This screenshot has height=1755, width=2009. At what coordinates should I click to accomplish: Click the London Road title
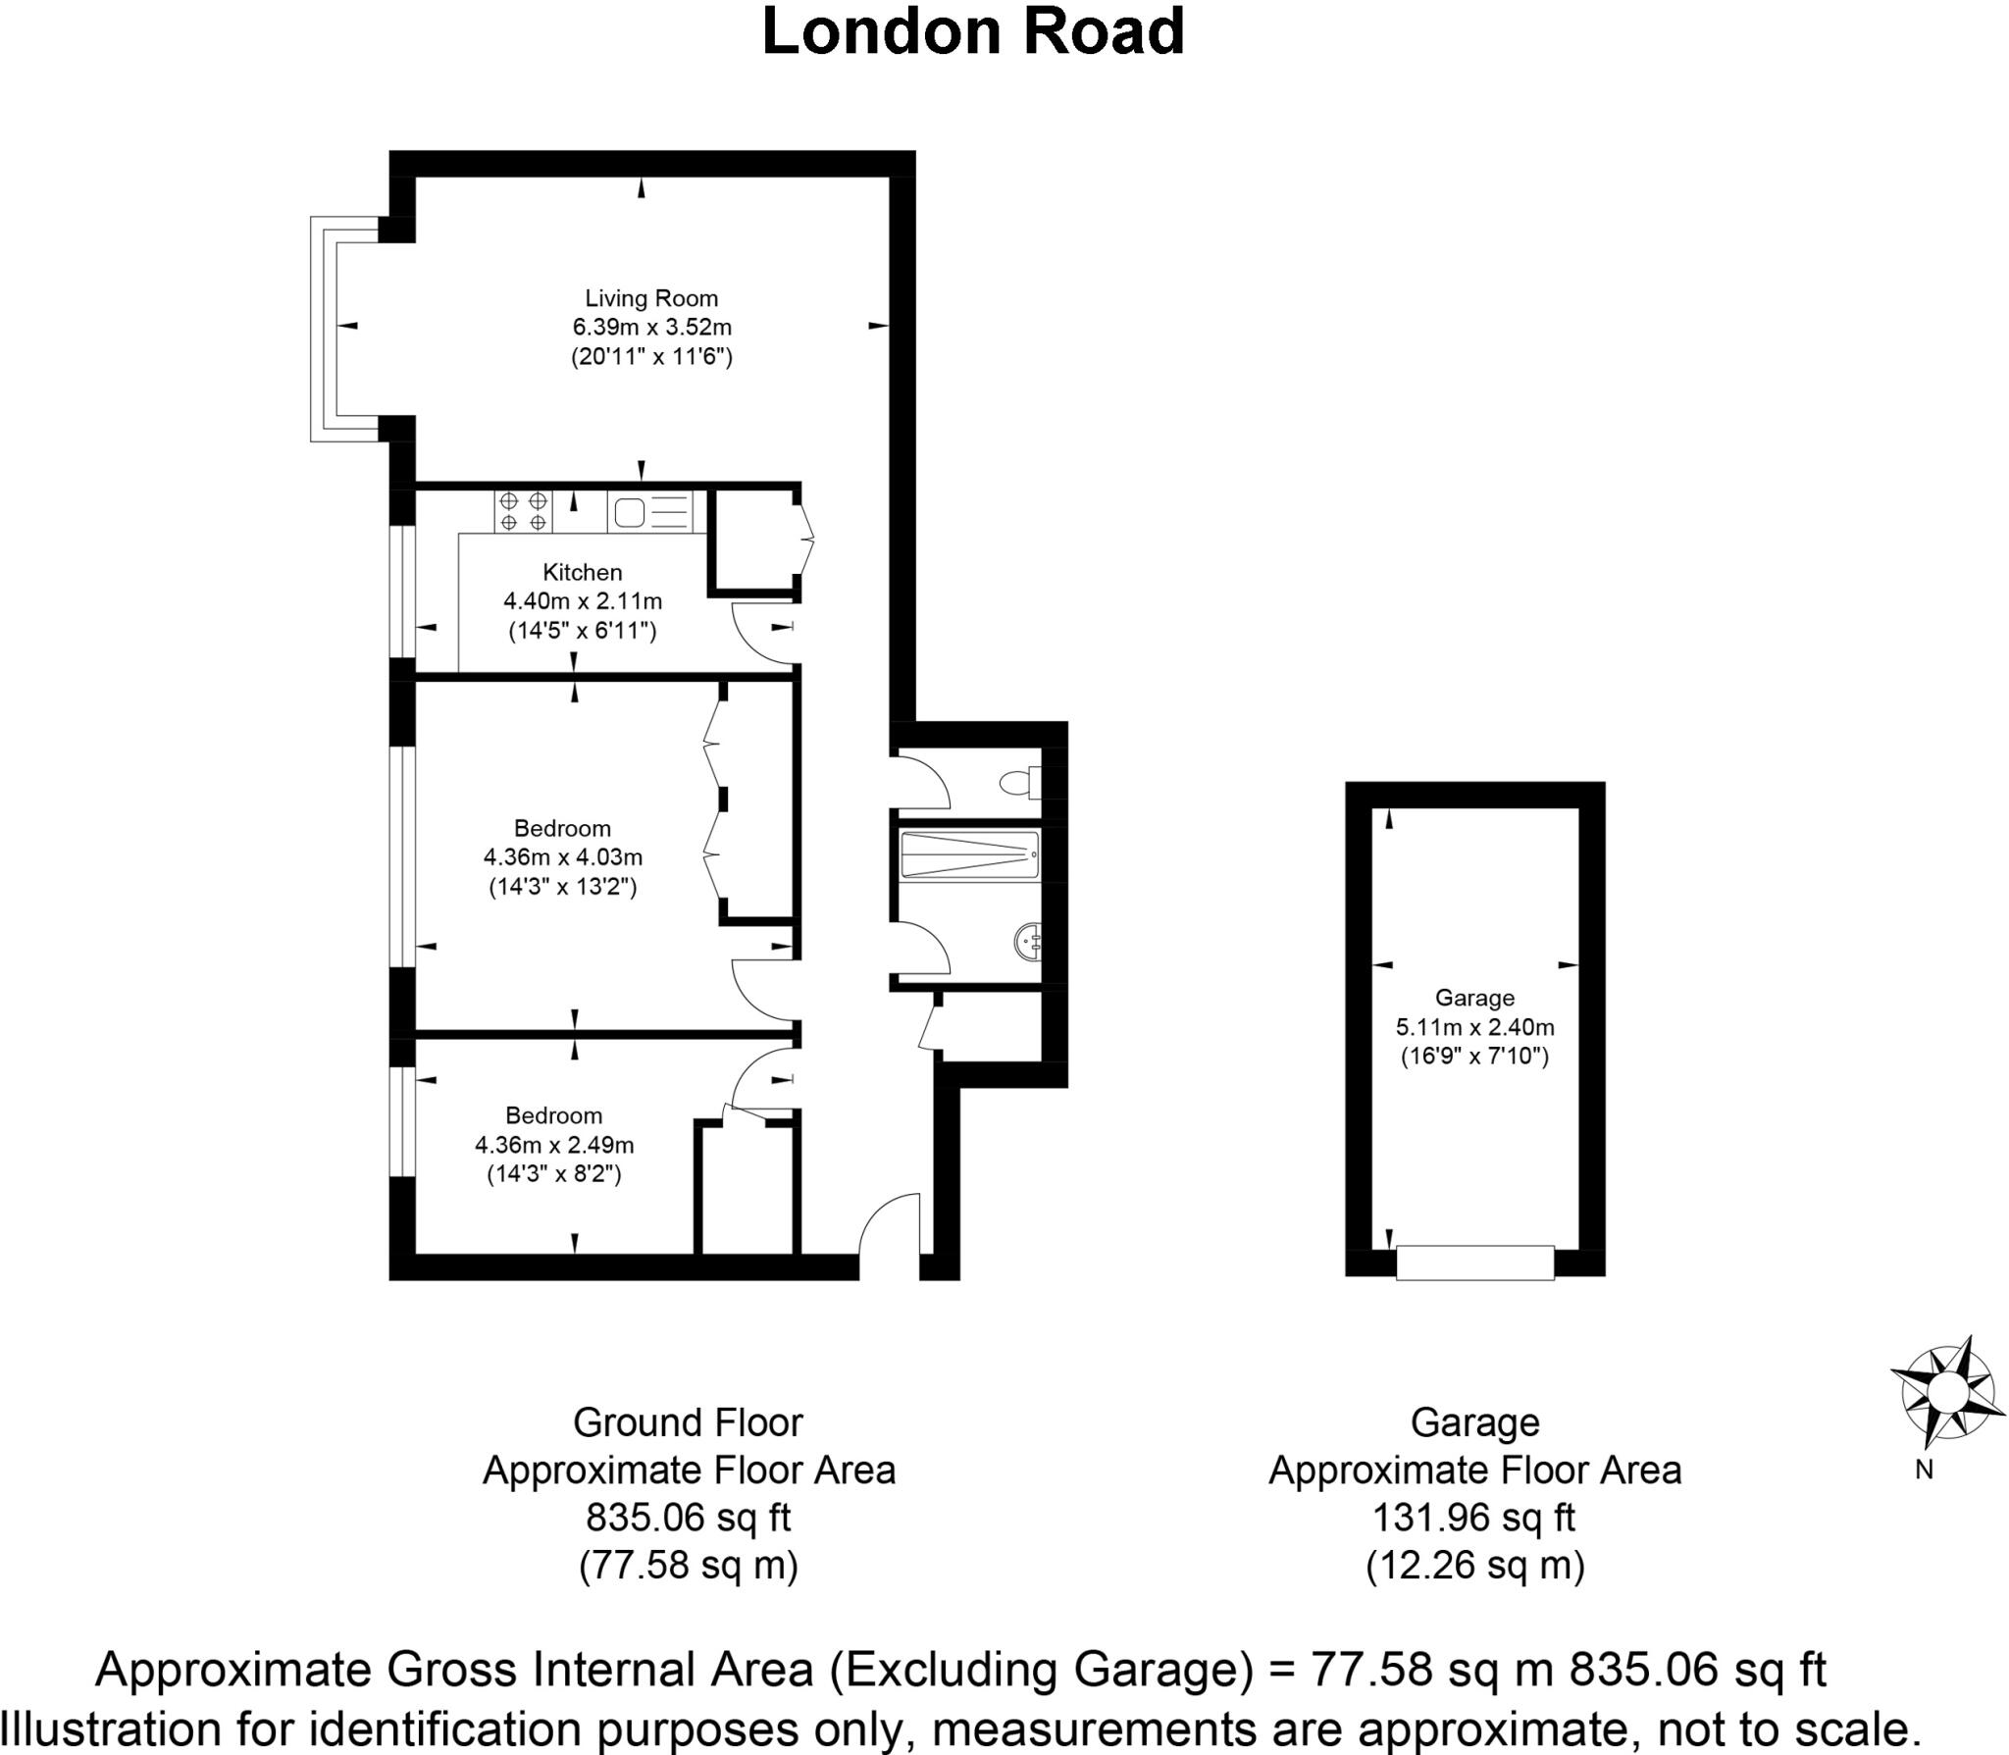[x=973, y=31]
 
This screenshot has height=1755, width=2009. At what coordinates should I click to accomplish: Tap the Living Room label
[x=651, y=298]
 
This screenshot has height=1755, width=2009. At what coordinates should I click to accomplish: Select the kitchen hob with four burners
[x=523, y=511]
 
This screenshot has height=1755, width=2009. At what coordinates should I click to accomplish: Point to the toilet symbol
[x=1017, y=783]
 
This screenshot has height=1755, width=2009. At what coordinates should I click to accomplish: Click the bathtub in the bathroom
[x=969, y=855]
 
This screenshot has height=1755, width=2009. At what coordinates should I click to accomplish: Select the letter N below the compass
[x=1924, y=1471]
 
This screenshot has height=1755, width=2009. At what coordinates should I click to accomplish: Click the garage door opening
[x=1474, y=1263]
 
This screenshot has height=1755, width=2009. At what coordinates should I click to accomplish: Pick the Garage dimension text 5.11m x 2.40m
[x=1474, y=1028]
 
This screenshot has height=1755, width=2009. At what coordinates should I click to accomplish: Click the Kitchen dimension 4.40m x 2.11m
[x=583, y=600]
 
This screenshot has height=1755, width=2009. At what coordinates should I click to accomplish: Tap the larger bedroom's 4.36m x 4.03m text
[x=562, y=857]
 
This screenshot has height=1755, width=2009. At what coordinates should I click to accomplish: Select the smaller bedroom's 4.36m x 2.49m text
[x=554, y=1145]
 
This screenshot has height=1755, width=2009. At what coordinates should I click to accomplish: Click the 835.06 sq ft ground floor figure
[x=688, y=1518]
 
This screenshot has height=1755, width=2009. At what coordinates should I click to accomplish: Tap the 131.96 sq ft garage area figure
[x=1473, y=1518]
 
